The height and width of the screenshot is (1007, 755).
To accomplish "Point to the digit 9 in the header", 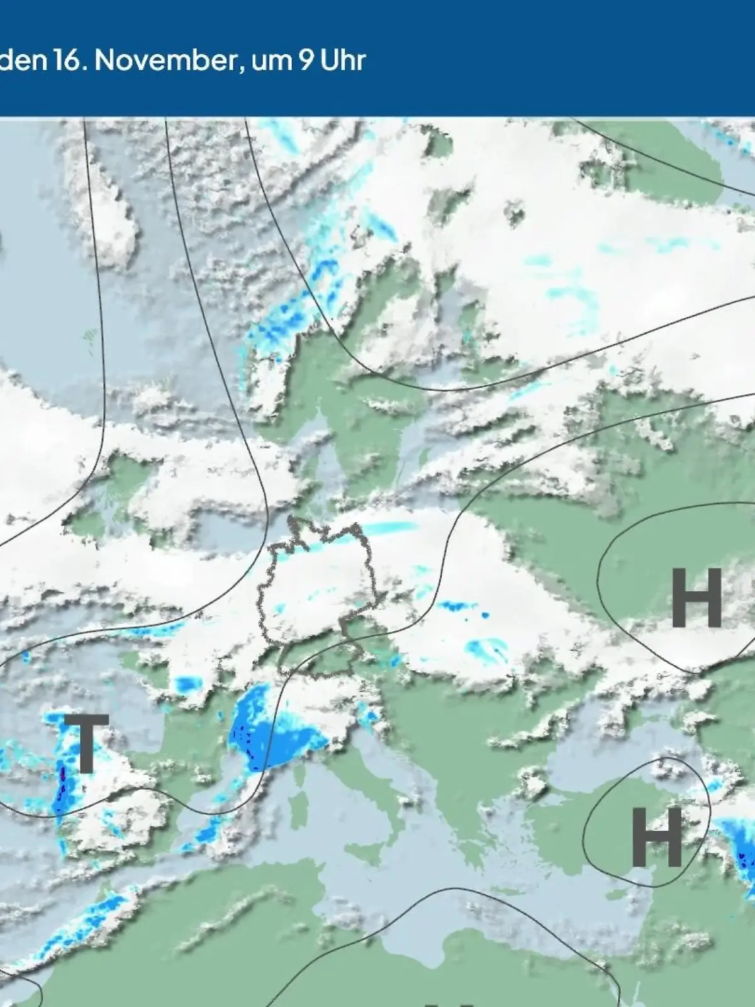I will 306,61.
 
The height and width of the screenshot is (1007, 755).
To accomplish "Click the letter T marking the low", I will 86,743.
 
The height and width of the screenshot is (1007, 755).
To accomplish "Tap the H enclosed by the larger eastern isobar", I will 696,598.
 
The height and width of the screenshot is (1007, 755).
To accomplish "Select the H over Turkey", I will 656,837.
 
